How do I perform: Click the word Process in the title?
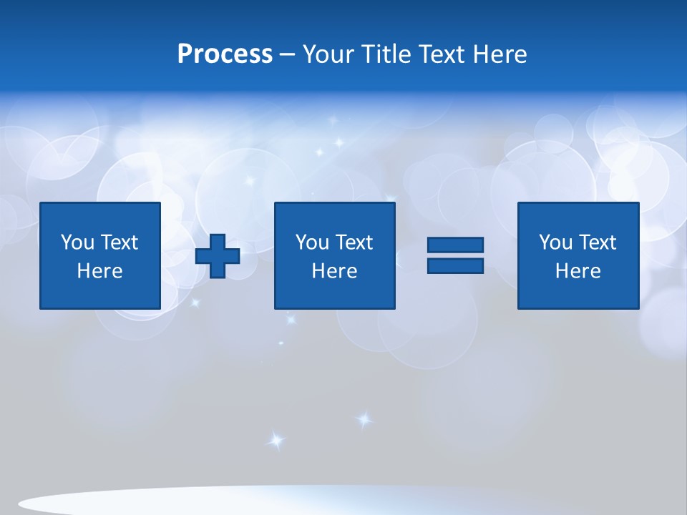[x=225, y=54]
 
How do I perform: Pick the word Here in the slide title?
[x=500, y=54]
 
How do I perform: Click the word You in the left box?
[x=77, y=242]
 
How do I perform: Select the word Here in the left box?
[x=99, y=271]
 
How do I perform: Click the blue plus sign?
[x=218, y=256]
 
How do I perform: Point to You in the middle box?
[x=312, y=242]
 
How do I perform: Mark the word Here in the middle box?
[x=334, y=271]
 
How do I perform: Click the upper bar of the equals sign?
[x=455, y=245]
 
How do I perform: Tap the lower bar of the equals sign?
[x=455, y=265]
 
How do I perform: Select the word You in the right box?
[x=555, y=242]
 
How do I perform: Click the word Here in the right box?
[x=578, y=271]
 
